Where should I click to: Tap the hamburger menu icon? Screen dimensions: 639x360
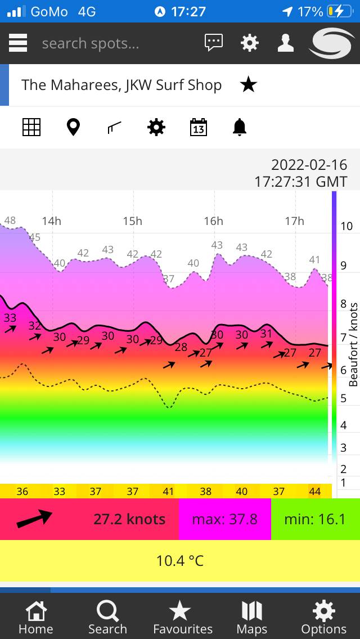click(x=18, y=43)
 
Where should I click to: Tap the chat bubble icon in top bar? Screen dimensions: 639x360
click(x=214, y=43)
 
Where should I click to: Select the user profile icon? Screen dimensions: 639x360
click(x=286, y=43)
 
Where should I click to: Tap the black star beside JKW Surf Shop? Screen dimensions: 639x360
click(x=248, y=85)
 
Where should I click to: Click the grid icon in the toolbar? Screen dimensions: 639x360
click(x=31, y=128)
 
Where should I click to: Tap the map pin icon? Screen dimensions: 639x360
click(x=73, y=128)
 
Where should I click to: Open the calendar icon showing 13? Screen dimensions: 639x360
click(x=198, y=128)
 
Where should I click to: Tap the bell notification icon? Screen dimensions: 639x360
click(x=240, y=128)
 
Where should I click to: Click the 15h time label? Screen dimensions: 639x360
click(x=133, y=221)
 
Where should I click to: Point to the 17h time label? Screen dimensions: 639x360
click(x=294, y=221)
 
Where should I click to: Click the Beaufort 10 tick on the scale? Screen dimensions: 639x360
click(x=346, y=226)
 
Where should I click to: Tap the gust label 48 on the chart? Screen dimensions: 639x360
click(x=10, y=220)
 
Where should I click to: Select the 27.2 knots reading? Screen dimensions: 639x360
click(x=129, y=519)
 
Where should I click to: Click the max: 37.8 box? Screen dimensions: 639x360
click(x=224, y=519)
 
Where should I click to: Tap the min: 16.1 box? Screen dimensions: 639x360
click(x=315, y=519)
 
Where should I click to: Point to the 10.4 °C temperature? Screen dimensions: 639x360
click(x=180, y=561)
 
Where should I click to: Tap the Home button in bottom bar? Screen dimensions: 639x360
click(x=36, y=617)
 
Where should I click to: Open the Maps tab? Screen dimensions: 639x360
click(x=252, y=617)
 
